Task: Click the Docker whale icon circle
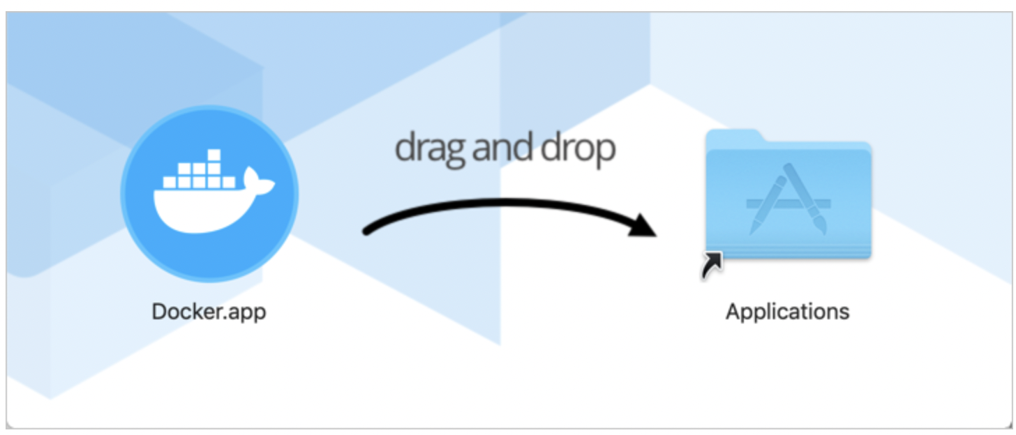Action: [x=209, y=193]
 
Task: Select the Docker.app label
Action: [x=209, y=310]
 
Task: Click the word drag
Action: [x=426, y=148]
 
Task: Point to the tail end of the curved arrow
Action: [x=366, y=231]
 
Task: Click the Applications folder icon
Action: [x=788, y=195]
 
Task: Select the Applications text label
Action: [x=788, y=310]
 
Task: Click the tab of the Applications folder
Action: [x=732, y=137]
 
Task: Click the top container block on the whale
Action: [x=214, y=155]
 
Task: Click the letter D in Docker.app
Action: [x=158, y=310]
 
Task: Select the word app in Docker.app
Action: [x=250, y=312]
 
